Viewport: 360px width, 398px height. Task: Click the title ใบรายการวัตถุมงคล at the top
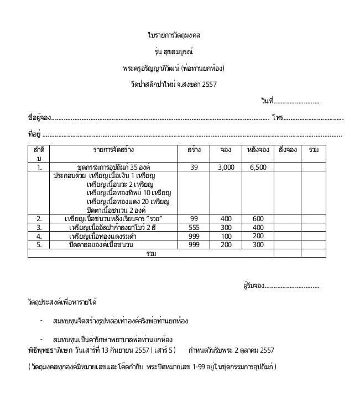(174, 35)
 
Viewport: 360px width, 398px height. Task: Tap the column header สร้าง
(194, 150)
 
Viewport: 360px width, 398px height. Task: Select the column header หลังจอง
(258, 150)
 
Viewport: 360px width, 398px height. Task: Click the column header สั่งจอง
(288, 150)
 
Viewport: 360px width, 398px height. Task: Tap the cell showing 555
(194, 227)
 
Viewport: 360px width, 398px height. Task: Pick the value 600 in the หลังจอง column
(258, 219)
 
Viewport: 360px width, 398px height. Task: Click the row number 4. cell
(39, 236)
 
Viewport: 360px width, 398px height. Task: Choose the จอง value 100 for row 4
(226, 236)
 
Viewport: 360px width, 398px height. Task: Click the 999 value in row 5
(194, 244)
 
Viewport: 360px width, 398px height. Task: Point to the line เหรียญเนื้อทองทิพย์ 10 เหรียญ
(129, 193)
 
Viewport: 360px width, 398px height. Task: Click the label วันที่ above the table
(268, 102)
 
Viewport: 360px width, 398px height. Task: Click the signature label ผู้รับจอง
(254, 286)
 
